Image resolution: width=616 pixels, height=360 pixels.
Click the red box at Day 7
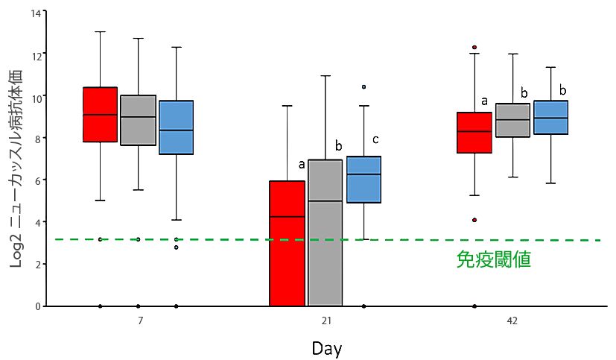(x=100, y=114)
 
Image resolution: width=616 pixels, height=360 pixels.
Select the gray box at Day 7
(x=139, y=120)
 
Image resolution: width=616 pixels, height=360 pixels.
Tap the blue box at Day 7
(x=176, y=127)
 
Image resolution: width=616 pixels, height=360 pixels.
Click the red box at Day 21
(x=288, y=243)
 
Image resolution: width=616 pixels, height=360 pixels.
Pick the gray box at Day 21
(x=326, y=233)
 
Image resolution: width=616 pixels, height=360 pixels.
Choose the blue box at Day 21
(x=363, y=180)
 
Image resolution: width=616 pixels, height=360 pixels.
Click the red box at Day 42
(x=474, y=133)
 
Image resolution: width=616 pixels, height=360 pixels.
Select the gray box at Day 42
(x=512, y=120)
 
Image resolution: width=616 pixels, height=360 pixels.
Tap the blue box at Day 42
(x=550, y=118)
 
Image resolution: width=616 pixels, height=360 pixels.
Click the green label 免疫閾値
(x=494, y=259)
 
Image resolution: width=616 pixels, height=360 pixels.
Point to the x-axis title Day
(x=327, y=349)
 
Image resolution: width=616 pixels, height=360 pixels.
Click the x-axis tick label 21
(x=326, y=320)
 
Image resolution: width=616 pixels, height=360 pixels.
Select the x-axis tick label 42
(x=512, y=320)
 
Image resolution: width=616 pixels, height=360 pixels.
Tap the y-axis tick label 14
(x=36, y=13)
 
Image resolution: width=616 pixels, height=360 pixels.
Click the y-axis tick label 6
(x=38, y=180)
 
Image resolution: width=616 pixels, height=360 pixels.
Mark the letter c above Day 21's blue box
(x=375, y=139)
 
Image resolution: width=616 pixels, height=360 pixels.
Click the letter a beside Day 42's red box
(x=485, y=101)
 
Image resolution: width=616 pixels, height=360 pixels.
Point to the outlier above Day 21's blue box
(x=363, y=87)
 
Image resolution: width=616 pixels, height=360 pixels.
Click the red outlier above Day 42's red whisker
(x=474, y=47)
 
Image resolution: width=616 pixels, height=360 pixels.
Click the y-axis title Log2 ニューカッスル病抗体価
(x=16, y=169)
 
